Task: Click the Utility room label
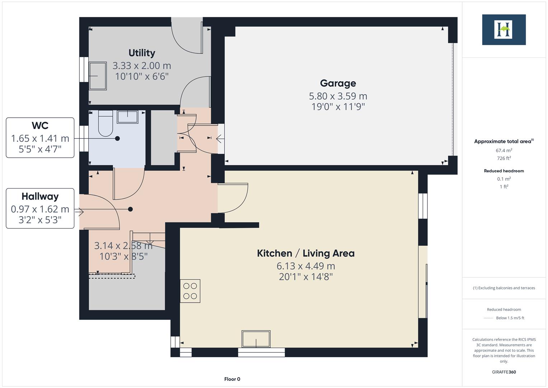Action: (142, 53)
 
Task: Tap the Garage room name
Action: (338, 83)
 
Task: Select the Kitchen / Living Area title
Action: (305, 253)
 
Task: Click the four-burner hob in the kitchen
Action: (190, 291)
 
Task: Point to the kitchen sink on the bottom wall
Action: (256, 339)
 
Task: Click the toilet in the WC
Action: (105, 124)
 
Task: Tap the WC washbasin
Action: (127, 117)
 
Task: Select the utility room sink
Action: (98, 76)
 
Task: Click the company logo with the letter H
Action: (503, 29)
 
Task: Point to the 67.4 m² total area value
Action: (504, 151)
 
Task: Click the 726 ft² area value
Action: (504, 158)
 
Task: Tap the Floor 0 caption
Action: (232, 379)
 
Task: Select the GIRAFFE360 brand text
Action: (504, 372)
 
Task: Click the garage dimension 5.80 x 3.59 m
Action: (338, 96)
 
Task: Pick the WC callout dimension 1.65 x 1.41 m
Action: (40, 138)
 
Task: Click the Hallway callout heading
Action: (40, 197)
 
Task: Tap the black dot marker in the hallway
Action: (130, 209)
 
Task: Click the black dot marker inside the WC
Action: (117, 138)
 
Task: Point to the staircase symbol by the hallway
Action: (149, 239)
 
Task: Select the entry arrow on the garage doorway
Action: (220, 138)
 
